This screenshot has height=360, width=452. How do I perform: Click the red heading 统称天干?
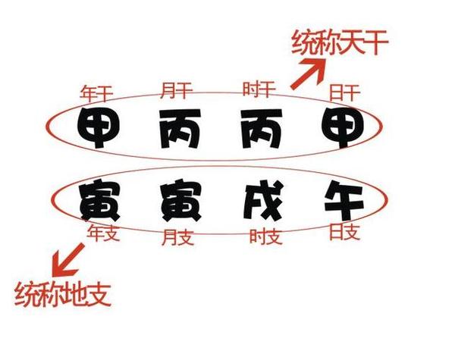coord(341,42)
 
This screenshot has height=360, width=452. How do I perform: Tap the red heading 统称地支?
coord(63,293)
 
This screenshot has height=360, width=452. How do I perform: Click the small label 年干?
coord(96,93)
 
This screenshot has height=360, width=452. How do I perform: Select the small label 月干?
coord(177,90)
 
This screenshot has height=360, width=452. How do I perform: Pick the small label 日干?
coord(345,92)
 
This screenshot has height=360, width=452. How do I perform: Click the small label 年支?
coord(103,233)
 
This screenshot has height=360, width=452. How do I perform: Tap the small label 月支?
coord(178,237)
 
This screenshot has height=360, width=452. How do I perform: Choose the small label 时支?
coord(265,236)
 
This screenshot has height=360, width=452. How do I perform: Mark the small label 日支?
coord(345,232)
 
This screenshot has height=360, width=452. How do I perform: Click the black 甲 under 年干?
coord(99,127)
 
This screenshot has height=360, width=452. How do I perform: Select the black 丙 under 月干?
coord(180,128)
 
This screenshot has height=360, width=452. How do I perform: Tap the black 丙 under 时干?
coord(262,128)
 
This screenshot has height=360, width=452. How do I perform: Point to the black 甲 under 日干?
coord(343,127)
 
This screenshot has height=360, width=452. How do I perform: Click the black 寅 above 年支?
coord(100,199)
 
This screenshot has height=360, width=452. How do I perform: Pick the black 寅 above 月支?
coord(181,199)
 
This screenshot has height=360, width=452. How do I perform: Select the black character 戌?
coord(263,200)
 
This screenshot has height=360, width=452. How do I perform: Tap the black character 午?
coord(344,200)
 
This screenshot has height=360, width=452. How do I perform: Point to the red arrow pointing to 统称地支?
coord(68,260)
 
